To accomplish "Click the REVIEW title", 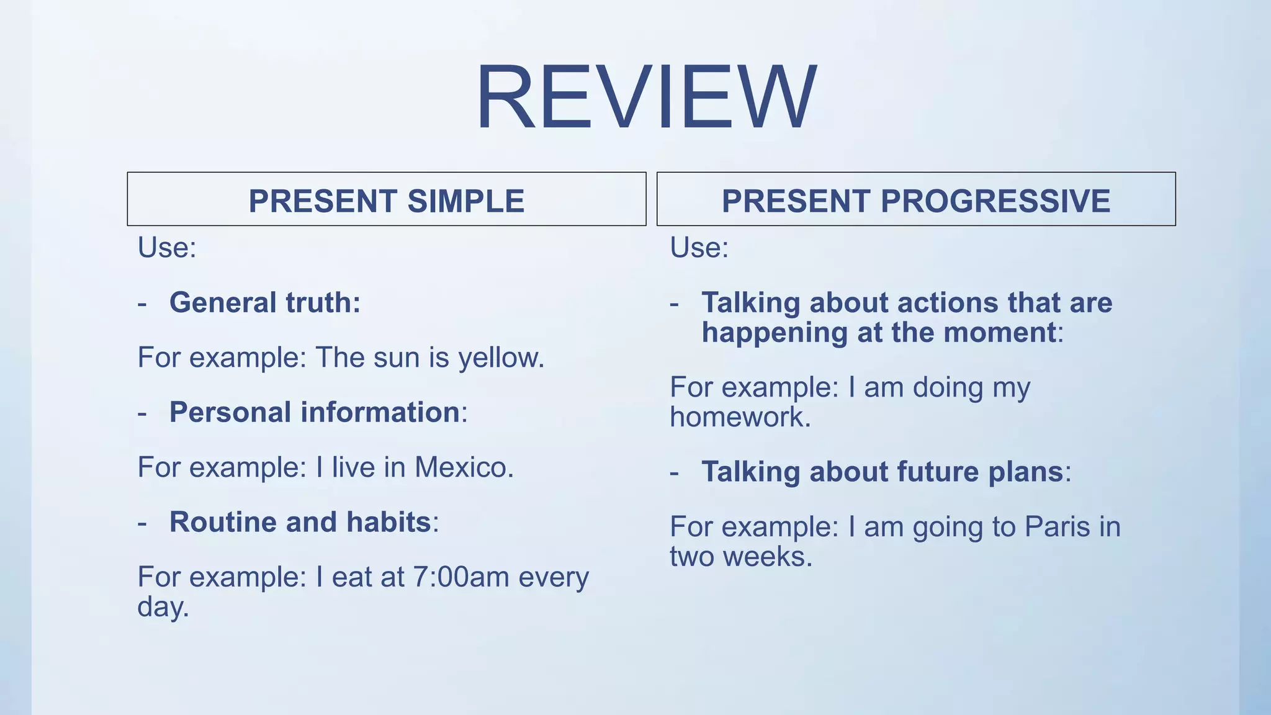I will [645, 97].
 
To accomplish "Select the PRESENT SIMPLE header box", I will [386, 200].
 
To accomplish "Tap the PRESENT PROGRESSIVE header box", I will [916, 200].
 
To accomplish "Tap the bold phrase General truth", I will [264, 303].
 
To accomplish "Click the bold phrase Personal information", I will [315, 412].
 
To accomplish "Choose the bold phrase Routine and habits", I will [300, 522].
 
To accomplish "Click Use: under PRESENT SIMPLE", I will [166, 248].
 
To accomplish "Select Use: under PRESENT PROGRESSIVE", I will [699, 248].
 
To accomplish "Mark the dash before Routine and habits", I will [143, 523].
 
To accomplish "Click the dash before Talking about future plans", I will [675, 473].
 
